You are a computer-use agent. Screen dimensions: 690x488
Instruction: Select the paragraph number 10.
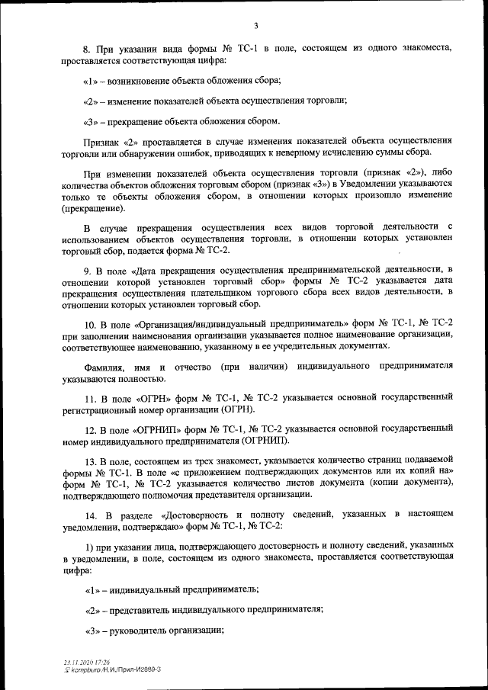[90, 323]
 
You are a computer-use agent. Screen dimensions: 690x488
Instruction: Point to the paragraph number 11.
[90, 399]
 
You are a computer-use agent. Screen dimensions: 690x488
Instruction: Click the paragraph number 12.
[90, 430]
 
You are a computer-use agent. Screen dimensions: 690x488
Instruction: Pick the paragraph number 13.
[90, 462]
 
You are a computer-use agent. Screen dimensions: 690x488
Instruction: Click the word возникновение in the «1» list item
[143, 81]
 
